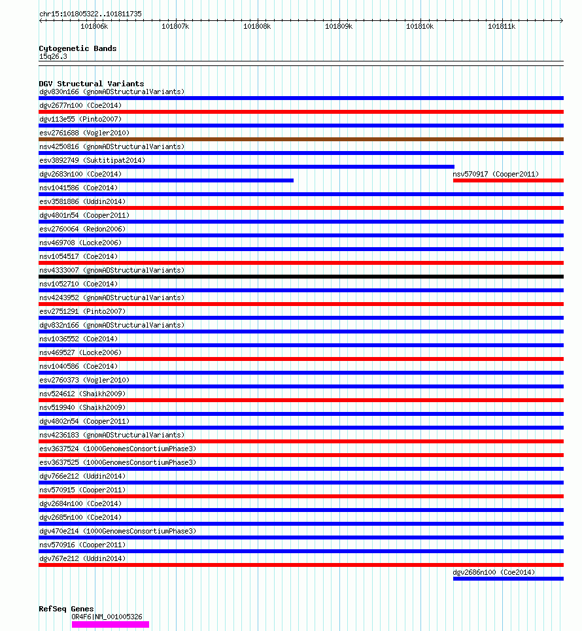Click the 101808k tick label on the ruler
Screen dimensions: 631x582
click(x=257, y=27)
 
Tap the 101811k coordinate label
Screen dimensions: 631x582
click(x=502, y=27)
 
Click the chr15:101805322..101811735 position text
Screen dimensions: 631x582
click(x=90, y=14)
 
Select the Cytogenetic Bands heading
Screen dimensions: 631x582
click(x=78, y=48)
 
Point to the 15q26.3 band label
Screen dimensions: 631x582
click(x=53, y=56)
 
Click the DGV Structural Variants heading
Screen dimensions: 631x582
click(x=92, y=84)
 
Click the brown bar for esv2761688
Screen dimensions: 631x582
click(x=301, y=139)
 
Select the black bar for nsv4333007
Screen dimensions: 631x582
click(x=301, y=277)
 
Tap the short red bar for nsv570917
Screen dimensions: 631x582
click(x=508, y=180)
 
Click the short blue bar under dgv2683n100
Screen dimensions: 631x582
click(x=166, y=180)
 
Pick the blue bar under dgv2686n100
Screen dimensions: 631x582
click(x=508, y=579)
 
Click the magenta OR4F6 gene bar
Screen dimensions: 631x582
click(x=111, y=624)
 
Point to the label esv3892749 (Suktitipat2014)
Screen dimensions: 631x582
click(x=92, y=160)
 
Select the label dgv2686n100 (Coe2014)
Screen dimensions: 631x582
click(x=494, y=572)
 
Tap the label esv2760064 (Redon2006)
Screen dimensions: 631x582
click(x=82, y=229)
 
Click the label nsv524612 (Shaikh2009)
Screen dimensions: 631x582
click(x=82, y=394)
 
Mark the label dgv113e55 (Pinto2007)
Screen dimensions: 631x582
click(x=80, y=119)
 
